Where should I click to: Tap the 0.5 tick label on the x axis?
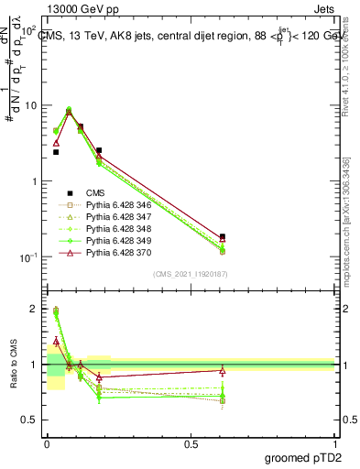coord(191,443)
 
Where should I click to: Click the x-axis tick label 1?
coord(334,443)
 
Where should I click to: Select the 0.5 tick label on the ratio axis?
coord(31,420)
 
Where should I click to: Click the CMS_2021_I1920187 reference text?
coord(191,274)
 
